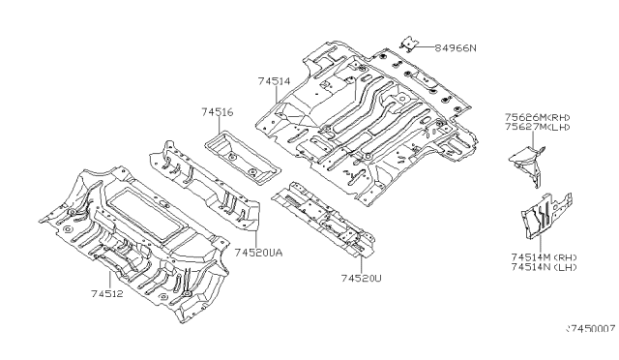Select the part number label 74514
coord(274,84)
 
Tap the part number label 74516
coord(217,113)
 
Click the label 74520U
coord(359,278)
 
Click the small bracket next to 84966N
coord(410,42)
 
